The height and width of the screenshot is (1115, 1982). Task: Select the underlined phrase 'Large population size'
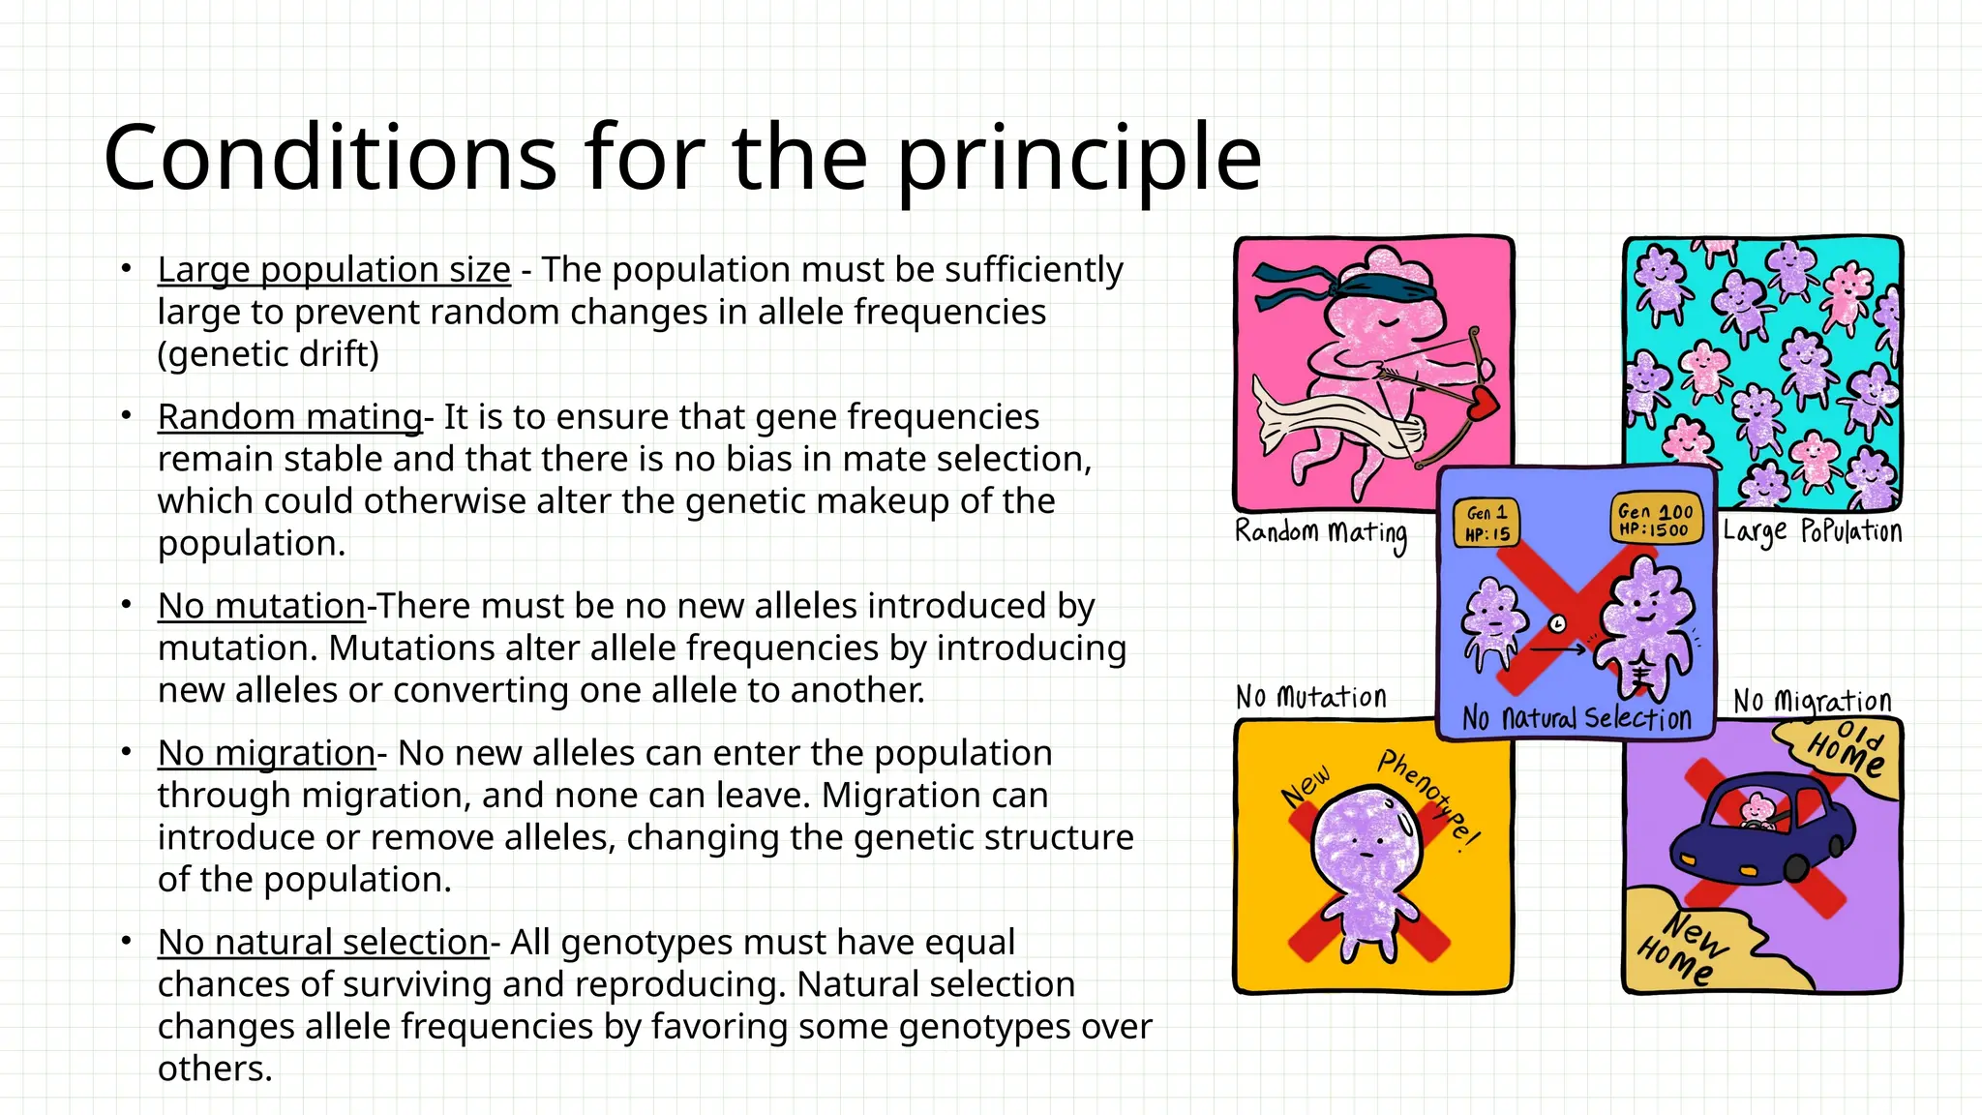point(334,270)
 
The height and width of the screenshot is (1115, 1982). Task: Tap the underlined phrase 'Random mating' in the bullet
point(289,417)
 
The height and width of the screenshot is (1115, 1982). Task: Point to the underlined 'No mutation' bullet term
point(261,606)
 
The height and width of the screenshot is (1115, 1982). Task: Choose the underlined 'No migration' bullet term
point(266,753)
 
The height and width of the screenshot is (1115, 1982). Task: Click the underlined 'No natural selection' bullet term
point(322,942)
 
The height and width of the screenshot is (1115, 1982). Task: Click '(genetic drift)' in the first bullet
point(268,354)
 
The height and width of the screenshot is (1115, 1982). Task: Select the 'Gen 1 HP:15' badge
point(1486,524)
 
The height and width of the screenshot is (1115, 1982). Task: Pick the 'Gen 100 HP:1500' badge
point(1655,520)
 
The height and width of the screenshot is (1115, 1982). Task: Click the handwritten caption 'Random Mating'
point(1321,533)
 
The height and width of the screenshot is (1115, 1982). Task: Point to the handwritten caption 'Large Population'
point(1812,531)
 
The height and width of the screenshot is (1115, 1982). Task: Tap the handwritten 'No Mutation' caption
point(1311,697)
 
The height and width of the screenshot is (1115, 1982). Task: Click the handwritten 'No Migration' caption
point(1812,701)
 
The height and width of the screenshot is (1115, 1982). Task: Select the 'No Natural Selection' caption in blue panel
point(1577,718)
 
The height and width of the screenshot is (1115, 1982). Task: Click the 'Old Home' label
point(1847,750)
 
